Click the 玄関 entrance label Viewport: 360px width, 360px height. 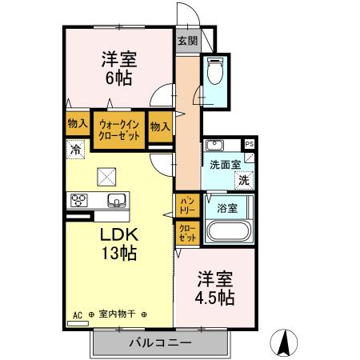(x=187, y=40)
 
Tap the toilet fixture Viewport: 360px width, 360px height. (x=214, y=74)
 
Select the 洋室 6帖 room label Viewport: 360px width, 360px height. (x=117, y=68)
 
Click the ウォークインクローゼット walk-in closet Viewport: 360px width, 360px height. (x=119, y=130)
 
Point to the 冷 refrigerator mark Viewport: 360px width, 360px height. (x=74, y=148)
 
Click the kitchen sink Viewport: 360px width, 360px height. (x=114, y=200)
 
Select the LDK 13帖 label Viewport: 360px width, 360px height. (x=119, y=244)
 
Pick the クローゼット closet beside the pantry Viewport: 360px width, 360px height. (x=186, y=233)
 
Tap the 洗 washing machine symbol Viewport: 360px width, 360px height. (x=242, y=181)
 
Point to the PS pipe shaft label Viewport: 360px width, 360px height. (x=250, y=144)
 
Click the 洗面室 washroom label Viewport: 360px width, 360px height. (x=224, y=165)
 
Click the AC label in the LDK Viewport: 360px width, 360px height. (x=78, y=314)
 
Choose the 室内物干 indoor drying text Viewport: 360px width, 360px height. (x=118, y=314)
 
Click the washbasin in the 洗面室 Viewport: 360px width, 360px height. (x=214, y=146)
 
